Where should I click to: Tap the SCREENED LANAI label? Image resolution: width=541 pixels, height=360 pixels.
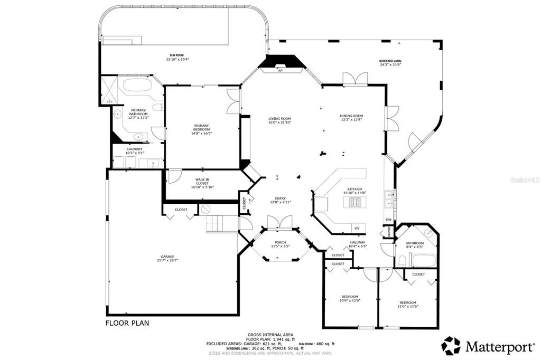pos(390,61)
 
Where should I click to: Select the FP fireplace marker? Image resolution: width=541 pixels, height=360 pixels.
pos(281,70)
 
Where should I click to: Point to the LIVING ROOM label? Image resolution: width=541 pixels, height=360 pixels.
pos(279,118)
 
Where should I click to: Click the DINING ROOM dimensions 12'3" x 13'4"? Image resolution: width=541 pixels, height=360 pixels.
pos(351,120)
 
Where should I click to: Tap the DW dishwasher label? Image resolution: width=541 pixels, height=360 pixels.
pos(388,220)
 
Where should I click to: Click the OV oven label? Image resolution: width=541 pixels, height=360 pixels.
pos(357,228)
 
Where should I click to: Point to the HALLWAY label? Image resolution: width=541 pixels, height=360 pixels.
pos(358,242)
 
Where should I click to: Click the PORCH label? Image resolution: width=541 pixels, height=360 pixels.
pos(280,242)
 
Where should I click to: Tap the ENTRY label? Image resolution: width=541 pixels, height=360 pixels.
pos(280,198)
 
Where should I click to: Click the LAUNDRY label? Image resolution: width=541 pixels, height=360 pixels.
pos(135,149)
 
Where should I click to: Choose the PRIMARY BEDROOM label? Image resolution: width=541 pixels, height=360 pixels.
pos(201,127)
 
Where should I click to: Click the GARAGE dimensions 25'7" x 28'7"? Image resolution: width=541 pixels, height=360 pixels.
pos(167,260)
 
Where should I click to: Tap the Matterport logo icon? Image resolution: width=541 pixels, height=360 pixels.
pos(451,346)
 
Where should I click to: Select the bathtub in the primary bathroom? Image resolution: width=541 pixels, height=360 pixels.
pos(137,86)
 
